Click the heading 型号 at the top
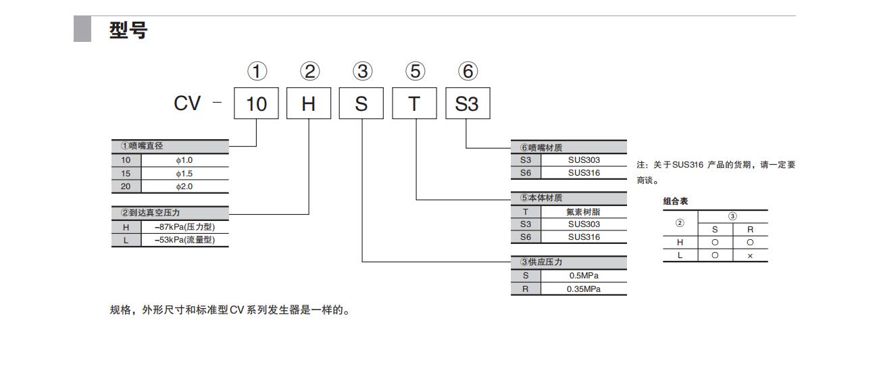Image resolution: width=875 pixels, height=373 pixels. (128, 30)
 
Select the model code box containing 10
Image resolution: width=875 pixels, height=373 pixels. (256, 104)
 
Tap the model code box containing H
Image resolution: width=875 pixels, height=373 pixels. (309, 104)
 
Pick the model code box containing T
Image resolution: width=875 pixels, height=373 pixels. (414, 104)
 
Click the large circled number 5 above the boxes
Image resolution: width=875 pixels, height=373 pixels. (414, 71)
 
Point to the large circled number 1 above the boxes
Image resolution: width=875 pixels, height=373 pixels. (256, 71)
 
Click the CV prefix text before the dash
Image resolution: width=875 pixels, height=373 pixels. (187, 104)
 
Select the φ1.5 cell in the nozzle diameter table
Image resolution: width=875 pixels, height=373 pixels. (184, 173)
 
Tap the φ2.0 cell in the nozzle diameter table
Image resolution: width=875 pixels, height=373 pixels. (184, 186)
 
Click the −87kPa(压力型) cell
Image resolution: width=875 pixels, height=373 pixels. (184, 227)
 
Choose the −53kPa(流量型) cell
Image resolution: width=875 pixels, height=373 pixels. (184, 240)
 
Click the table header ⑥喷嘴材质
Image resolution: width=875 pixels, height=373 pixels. (541, 147)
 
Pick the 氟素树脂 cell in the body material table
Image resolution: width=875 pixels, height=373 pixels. (583, 212)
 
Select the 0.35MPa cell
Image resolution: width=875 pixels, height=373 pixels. (583, 289)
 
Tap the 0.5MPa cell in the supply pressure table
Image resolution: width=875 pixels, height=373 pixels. (583, 276)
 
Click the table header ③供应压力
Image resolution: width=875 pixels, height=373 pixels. (541, 262)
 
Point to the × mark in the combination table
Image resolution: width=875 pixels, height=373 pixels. (750, 255)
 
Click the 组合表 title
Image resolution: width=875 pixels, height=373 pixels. (675, 201)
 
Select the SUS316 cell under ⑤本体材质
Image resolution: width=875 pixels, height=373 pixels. (583, 237)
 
